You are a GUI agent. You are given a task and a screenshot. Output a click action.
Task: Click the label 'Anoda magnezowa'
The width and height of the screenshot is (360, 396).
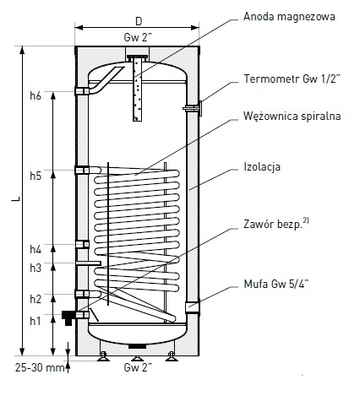[x=289, y=17]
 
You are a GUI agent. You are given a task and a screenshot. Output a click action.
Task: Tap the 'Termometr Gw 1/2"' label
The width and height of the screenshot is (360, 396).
[x=292, y=79]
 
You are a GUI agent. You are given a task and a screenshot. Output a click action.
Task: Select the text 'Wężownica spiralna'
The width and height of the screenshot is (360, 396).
[x=292, y=116]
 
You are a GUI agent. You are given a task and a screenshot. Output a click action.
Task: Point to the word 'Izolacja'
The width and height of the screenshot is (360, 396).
[x=262, y=166]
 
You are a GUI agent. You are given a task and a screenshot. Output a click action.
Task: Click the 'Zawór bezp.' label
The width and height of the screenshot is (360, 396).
[x=276, y=224]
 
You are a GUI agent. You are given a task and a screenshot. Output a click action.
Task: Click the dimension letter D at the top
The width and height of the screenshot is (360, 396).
[x=139, y=21]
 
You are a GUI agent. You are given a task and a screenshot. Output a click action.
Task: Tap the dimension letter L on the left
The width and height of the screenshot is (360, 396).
[x=16, y=198]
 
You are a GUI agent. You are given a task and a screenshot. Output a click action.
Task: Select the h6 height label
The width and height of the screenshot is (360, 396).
[x=35, y=96]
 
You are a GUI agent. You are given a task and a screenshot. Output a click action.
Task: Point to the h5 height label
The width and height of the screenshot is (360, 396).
[x=35, y=176]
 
